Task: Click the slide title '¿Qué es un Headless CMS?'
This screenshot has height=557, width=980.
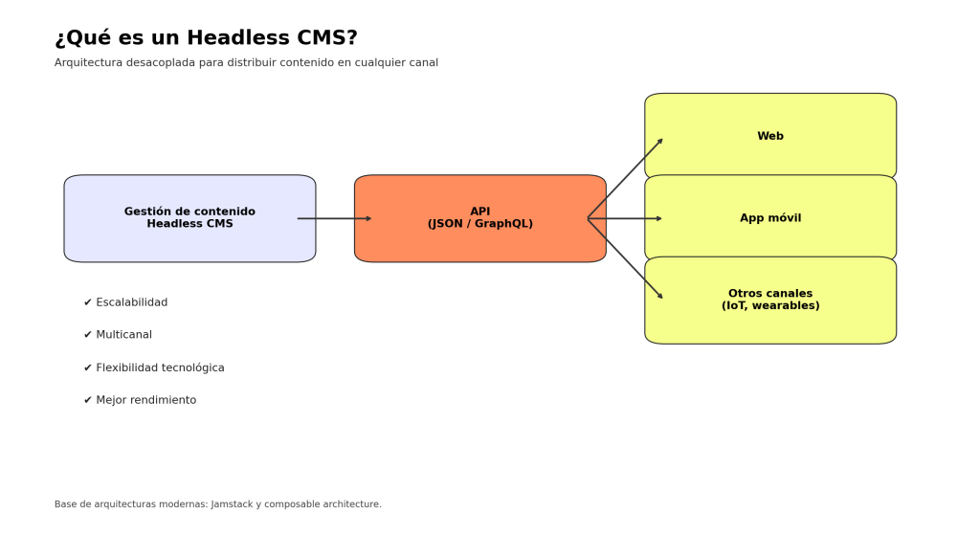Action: [206, 38]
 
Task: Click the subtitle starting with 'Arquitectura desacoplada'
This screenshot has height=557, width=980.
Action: [246, 63]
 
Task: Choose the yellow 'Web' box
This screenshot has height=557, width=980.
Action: [770, 137]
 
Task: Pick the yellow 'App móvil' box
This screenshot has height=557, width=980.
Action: [770, 218]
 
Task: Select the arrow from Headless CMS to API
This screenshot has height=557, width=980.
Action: [335, 218]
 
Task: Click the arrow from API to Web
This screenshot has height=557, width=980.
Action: [625, 178]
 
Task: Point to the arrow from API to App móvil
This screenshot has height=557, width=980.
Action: [627, 218]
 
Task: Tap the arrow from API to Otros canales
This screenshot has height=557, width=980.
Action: [625, 258]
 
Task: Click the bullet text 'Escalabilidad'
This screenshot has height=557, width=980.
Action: [132, 302]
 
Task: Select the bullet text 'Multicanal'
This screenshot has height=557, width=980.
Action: [123, 335]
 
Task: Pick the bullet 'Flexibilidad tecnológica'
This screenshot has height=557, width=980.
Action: [160, 368]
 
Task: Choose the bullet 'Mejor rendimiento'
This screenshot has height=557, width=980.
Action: [145, 400]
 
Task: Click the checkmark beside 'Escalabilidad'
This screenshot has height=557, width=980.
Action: [88, 302]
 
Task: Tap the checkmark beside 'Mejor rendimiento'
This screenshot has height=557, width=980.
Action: [88, 400]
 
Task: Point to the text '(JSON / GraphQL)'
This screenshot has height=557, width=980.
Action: [479, 224]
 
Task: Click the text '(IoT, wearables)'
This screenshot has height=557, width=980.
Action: [770, 306]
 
